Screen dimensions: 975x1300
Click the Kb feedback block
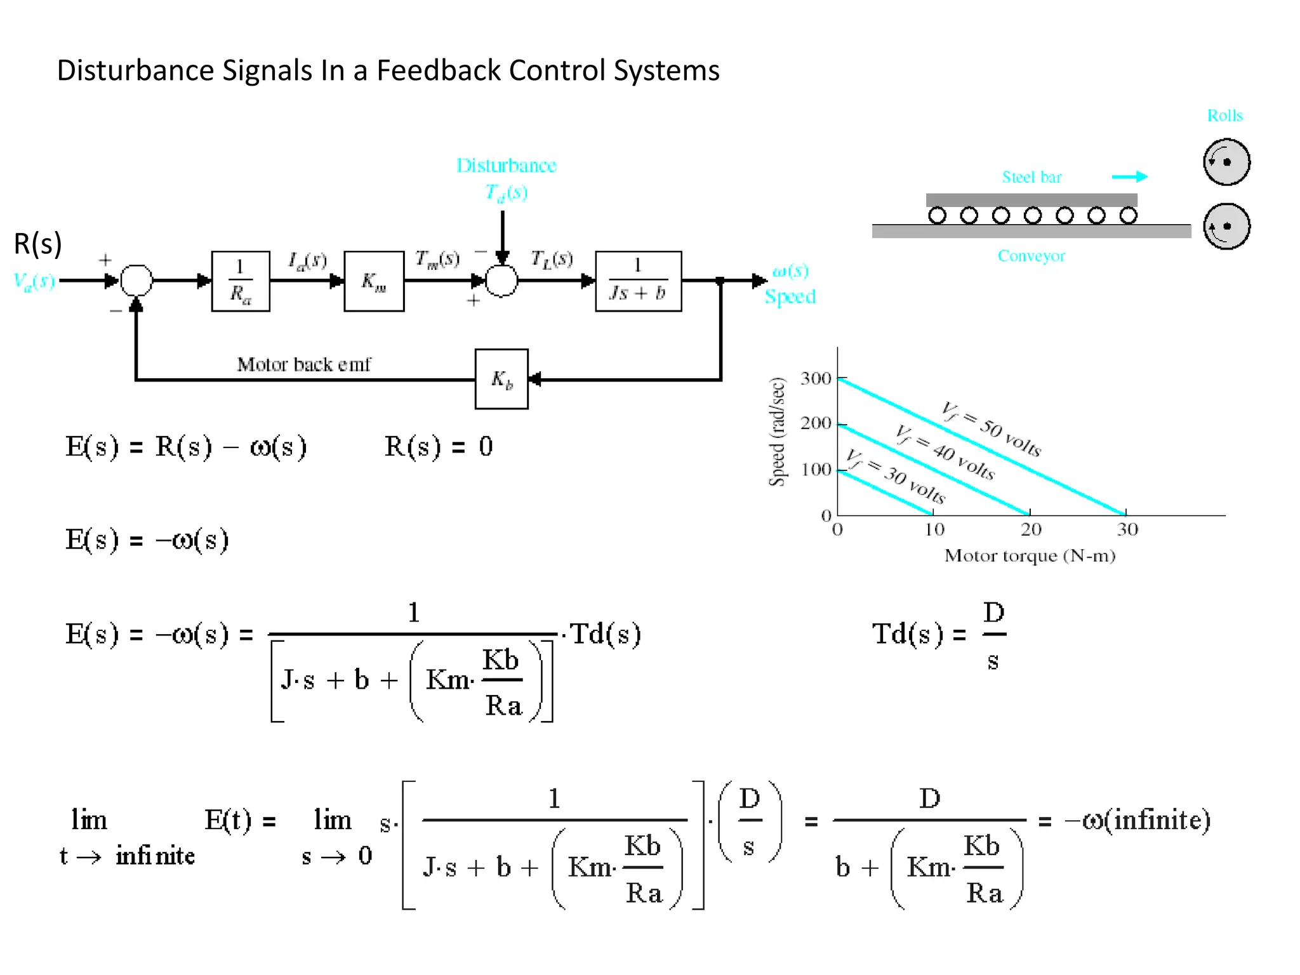(501, 379)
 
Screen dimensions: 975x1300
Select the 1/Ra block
(241, 281)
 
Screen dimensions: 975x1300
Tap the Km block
(374, 281)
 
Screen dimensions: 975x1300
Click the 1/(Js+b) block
(638, 281)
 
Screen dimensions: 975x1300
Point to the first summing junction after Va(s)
(136, 281)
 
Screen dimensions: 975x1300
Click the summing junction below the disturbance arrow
(501, 281)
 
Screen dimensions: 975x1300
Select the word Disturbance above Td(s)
(506, 166)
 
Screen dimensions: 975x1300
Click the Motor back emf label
(303, 364)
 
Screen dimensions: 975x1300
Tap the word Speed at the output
(790, 296)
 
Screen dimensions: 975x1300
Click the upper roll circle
(1226, 162)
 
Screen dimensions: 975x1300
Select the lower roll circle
(1226, 226)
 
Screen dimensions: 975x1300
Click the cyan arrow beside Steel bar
(1129, 176)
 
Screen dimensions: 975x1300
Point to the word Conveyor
(1031, 256)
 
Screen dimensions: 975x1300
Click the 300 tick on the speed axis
(816, 379)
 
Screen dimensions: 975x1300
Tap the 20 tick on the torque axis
(1031, 529)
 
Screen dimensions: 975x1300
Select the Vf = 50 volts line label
(991, 428)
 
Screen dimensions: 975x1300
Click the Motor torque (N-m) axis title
(1030, 555)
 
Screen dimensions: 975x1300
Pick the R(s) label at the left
(38, 244)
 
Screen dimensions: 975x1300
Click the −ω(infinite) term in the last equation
(1137, 819)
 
